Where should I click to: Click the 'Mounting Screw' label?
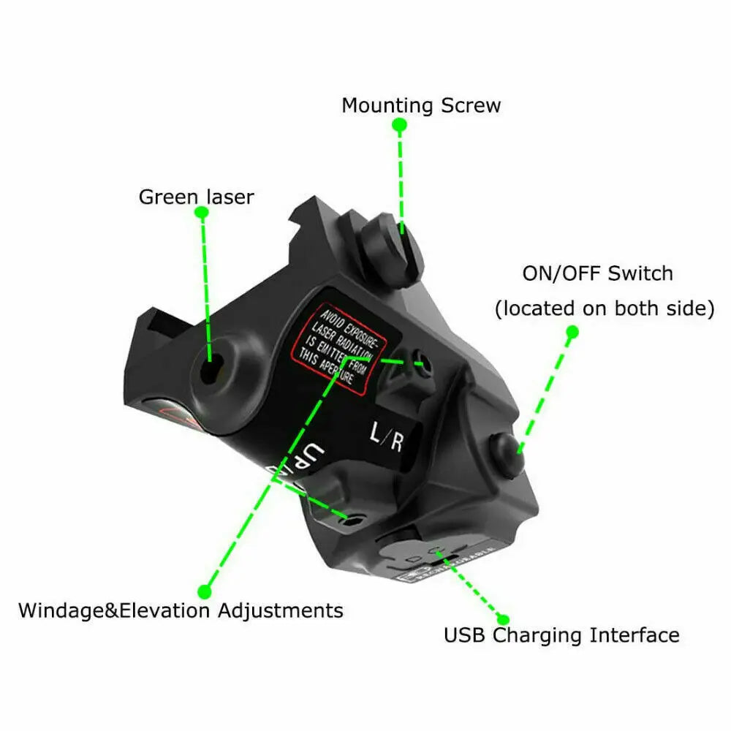[x=421, y=105]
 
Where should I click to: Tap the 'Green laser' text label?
[x=196, y=197]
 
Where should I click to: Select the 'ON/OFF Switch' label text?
[x=597, y=274]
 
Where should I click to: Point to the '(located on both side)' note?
[x=605, y=308]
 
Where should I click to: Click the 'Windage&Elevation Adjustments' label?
[x=181, y=610]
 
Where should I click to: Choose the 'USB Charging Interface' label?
[x=561, y=635]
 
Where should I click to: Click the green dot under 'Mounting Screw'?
[x=399, y=125]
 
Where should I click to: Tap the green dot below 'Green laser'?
[x=203, y=213]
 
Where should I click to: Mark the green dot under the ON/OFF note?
[x=572, y=332]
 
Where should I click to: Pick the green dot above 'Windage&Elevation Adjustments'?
[x=205, y=589]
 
